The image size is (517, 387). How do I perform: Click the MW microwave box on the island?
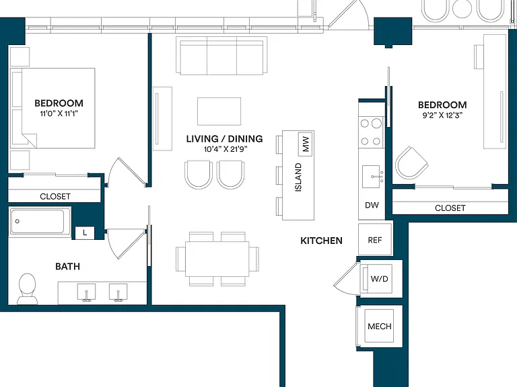(306, 144)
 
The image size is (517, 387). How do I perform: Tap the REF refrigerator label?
(375, 241)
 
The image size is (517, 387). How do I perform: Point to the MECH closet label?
(380, 327)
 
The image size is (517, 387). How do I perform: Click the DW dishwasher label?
(372, 205)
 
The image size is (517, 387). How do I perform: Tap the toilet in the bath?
(28, 289)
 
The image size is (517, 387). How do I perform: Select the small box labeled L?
(85, 232)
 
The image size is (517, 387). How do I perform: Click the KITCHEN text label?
(322, 241)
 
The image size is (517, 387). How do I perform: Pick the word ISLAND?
(298, 177)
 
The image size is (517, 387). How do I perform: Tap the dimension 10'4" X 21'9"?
(226, 149)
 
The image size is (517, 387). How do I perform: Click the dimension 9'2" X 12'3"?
(442, 115)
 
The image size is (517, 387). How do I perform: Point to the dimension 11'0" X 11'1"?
(59, 114)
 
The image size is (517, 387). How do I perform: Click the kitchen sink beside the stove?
(372, 177)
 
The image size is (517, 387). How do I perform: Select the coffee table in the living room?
(219, 112)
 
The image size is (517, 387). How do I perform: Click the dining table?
(217, 259)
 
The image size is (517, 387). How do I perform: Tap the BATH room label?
(67, 266)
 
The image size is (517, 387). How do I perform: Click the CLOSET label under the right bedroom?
(450, 208)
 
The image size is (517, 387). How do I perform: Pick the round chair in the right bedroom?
(411, 163)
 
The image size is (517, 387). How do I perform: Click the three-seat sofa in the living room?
(221, 56)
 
